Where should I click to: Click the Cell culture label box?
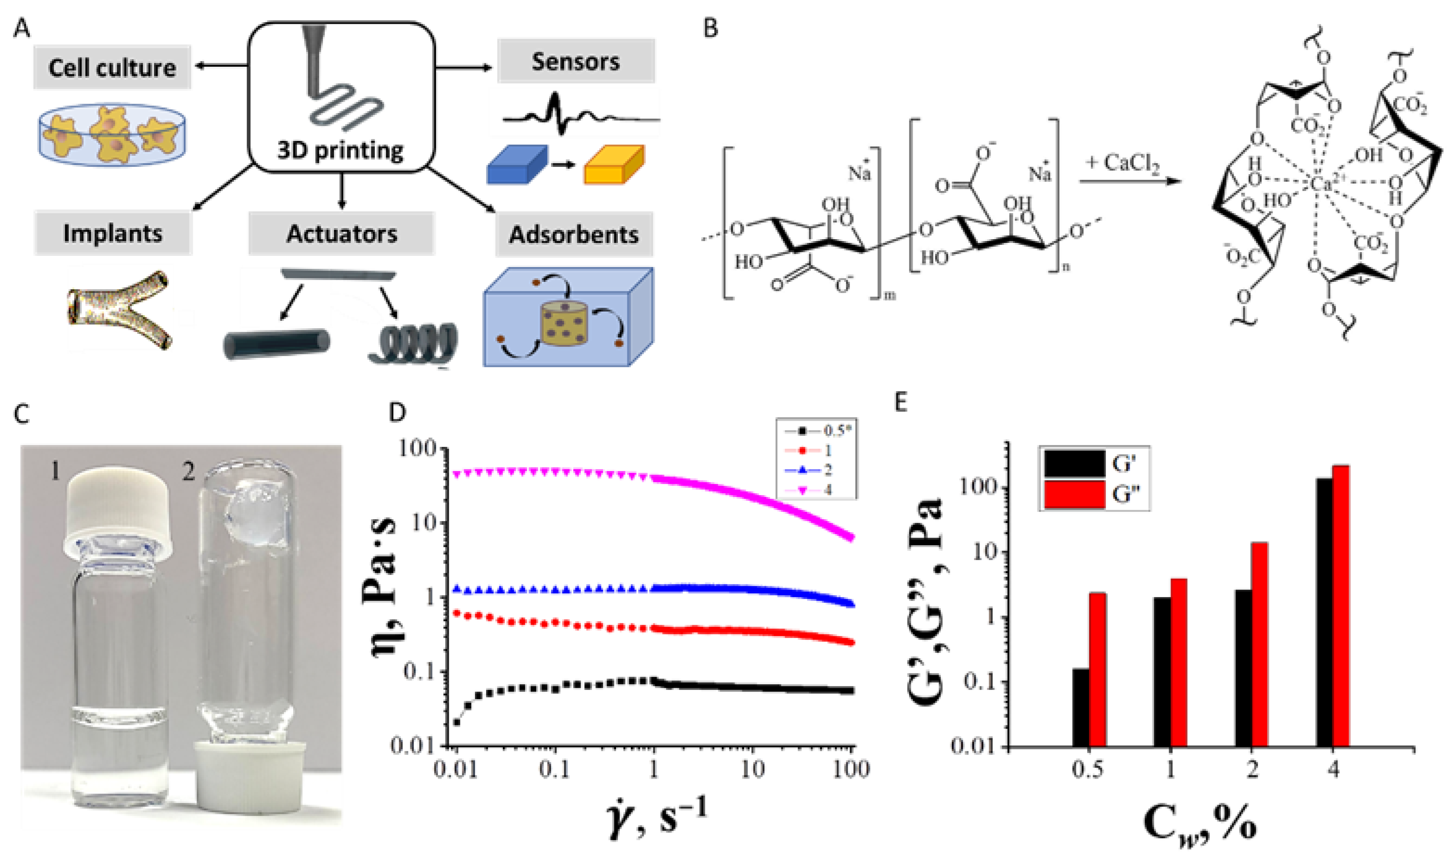112,68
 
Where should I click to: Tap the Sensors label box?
576,61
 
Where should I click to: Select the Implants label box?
113,233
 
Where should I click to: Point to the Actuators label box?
342,233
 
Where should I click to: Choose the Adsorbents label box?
574,234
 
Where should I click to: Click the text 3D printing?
340,150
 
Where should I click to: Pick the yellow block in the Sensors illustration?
614,165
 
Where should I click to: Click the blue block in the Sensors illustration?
517,165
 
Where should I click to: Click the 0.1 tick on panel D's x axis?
554,770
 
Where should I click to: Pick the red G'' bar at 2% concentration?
1260,644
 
